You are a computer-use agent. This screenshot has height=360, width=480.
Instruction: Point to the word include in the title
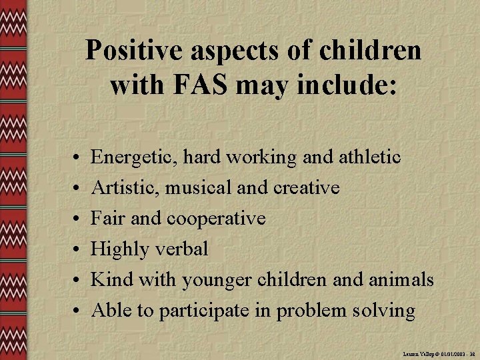[345, 85]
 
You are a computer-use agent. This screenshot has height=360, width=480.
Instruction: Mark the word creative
[306, 188]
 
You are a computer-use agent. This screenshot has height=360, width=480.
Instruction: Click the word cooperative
[217, 219]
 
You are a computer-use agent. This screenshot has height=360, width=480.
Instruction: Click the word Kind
[110, 280]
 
